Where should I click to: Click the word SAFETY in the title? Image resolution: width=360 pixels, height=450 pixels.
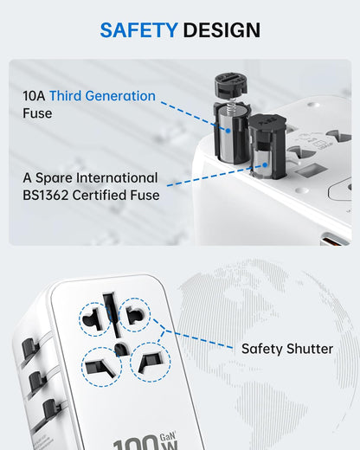[x=136, y=30]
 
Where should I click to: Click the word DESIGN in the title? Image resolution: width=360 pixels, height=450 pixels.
[x=220, y=30]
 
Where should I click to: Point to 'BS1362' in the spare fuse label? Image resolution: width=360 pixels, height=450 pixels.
[x=50, y=195]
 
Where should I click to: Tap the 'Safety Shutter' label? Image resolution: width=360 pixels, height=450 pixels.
[x=286, y=349]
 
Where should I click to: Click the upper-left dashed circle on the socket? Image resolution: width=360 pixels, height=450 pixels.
[x=95, y=318]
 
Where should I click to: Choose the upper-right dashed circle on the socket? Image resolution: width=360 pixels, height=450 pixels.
[x=136, y=314]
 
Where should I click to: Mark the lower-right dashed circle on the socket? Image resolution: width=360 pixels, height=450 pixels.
[x=150, y=361]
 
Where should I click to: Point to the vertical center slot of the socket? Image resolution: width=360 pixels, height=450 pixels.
[x=110, y=311]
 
